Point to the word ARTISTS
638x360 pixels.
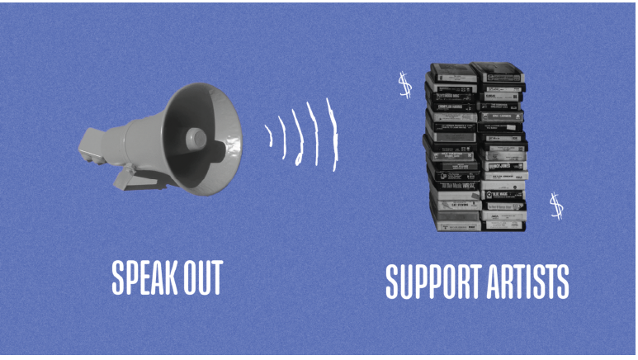click(529, 282)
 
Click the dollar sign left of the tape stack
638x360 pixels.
click(404, 85)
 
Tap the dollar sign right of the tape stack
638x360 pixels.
click(556, 206)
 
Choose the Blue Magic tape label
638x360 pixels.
click(502, 195)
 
